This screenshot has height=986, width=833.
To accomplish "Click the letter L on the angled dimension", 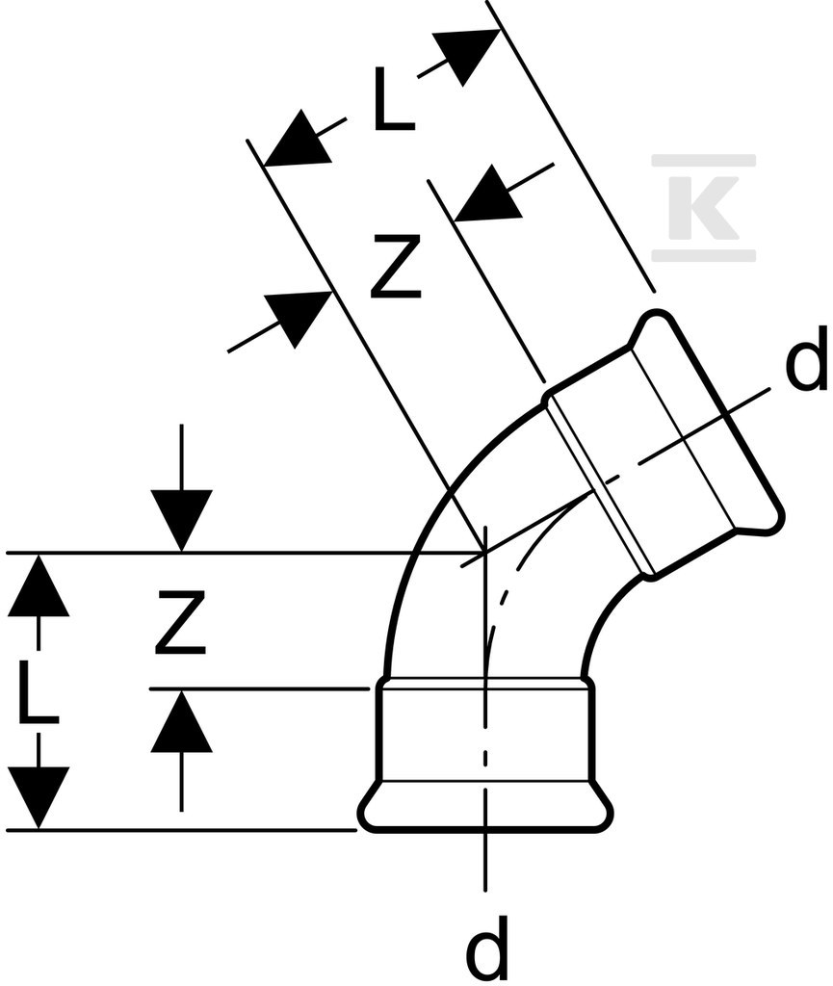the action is (x=394, y=99).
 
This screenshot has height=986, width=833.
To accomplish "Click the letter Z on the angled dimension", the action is (x=396, y=266).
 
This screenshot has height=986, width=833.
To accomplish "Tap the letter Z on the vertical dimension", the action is (x=181, y=621).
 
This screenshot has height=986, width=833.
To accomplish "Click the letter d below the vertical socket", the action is (x=486, y=950).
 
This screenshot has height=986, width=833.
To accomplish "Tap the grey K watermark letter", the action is (x=703, y=207).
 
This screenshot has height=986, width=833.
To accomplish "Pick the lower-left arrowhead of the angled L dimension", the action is (x=298, y=140).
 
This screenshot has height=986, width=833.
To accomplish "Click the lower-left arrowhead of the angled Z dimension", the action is (x=298, y=319).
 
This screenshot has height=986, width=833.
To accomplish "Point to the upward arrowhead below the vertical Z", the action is (x=182, y=720).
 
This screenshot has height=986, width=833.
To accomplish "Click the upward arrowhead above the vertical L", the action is (x=38, y=584).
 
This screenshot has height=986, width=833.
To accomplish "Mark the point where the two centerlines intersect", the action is (x=484, y=553).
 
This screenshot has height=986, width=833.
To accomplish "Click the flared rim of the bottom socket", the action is (x=484, y=808).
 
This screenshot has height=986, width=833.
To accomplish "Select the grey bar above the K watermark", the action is (x=703, y=161).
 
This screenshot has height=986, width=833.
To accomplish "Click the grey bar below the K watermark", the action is (x=703, y=254).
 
